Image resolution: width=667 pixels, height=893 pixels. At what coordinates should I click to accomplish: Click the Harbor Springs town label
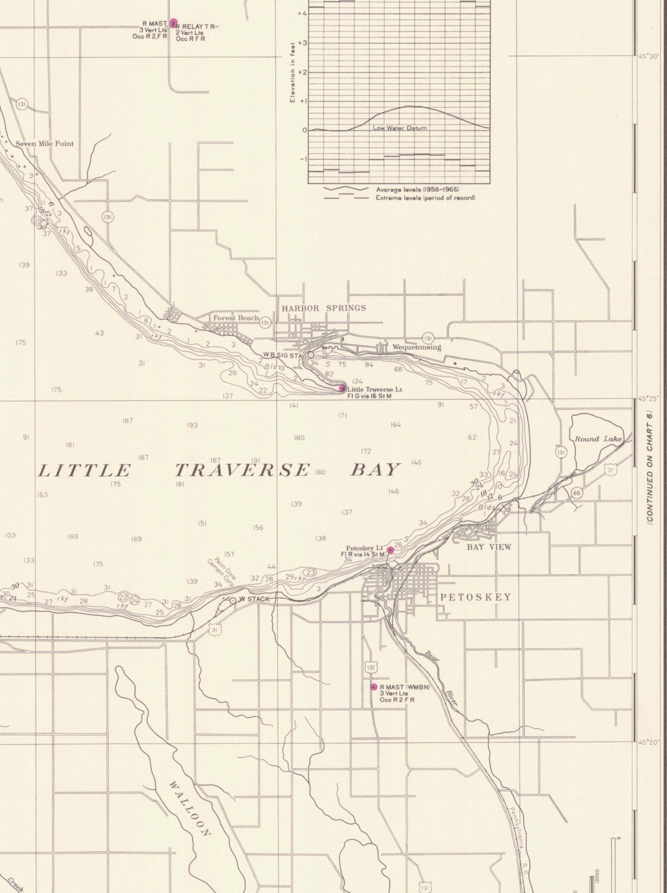[x=324, y=308]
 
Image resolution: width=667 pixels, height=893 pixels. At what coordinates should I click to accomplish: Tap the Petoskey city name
[x=475, y=597]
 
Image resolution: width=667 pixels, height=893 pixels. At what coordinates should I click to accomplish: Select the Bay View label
[x=488, y=547]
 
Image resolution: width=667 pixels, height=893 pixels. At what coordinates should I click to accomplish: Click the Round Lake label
[x=597, y=439]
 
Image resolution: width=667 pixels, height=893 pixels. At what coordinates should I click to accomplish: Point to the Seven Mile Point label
[x=45, y=143]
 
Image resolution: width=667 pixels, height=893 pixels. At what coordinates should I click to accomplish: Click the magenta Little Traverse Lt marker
[x=342, y=388]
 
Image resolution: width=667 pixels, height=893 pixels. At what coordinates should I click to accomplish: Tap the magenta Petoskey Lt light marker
[x=390, y=550]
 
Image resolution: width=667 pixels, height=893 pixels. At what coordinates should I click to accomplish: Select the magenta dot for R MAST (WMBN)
[x=374, y=686]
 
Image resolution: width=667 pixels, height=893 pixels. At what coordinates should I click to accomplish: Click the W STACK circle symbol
[x=233, y=600]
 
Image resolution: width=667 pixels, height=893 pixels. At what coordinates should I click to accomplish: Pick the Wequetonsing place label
[x=417, y=347]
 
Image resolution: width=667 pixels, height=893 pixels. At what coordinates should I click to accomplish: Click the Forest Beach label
[x=236, y=318]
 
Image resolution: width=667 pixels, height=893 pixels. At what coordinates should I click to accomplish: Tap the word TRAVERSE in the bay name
[x=242, y=470]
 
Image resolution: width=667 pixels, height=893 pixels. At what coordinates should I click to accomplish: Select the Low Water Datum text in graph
[x=399, y=128]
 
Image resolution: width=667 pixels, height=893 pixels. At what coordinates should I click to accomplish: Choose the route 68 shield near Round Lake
[x=576, y=492]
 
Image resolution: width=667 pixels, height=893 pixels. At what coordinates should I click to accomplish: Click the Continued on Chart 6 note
[x=650, y=467]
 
